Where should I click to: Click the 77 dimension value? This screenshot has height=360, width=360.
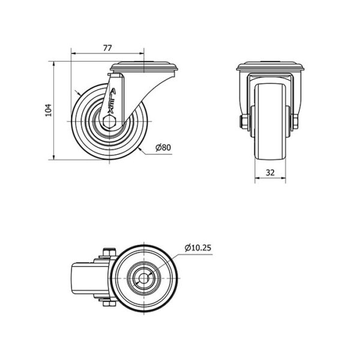(x=107, y=48)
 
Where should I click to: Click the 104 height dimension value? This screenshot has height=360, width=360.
(x=49, y=110)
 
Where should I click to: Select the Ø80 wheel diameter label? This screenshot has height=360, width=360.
(x=163, y=148)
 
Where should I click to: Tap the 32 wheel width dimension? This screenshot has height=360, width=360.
(x=270, y=172)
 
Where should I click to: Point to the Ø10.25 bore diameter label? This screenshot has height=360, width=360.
(x=198, y=248)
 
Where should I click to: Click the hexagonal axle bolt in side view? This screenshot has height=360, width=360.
(x=109, y=122)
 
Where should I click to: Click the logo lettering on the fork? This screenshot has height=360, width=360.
(x=112, y=101)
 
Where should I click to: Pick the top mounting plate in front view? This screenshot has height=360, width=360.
(x=271, y=66)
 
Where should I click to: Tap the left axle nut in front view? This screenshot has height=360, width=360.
(x=243, y=122)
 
